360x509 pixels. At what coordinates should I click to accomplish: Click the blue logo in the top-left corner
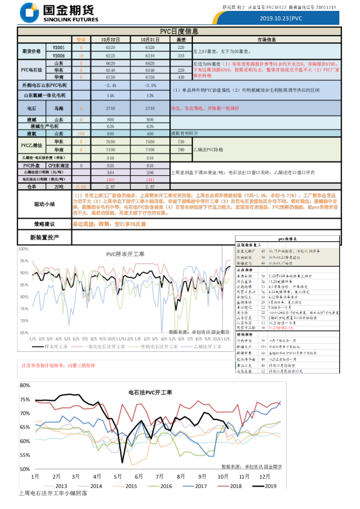(29, 11)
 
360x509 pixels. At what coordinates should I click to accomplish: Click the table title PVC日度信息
(179, 31)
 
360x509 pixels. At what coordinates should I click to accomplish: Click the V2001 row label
(58, 47)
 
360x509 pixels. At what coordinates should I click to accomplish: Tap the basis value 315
(181, 54)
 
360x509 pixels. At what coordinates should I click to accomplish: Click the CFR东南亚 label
(59, 164)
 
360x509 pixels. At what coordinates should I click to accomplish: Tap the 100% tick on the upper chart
(24, 249)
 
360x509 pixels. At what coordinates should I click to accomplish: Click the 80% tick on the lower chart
(25, 385)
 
